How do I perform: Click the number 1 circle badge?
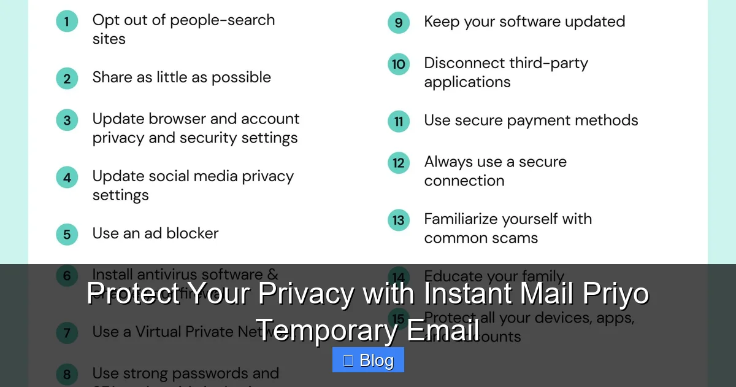67,22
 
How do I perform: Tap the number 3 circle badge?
67,120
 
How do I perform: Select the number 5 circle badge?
67,234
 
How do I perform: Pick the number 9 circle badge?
399,23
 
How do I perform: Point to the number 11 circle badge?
399,121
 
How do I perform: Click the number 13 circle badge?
399,220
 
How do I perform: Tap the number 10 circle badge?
399,64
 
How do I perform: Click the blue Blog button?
368,360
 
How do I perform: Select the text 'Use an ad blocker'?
155,233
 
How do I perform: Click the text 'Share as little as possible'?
182,77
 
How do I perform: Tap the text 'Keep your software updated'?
524,22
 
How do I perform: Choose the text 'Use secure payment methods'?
531,120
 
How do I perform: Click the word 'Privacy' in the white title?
305,294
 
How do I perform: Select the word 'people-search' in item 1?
222,20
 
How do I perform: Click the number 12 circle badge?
399,163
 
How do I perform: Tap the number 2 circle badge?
67,79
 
